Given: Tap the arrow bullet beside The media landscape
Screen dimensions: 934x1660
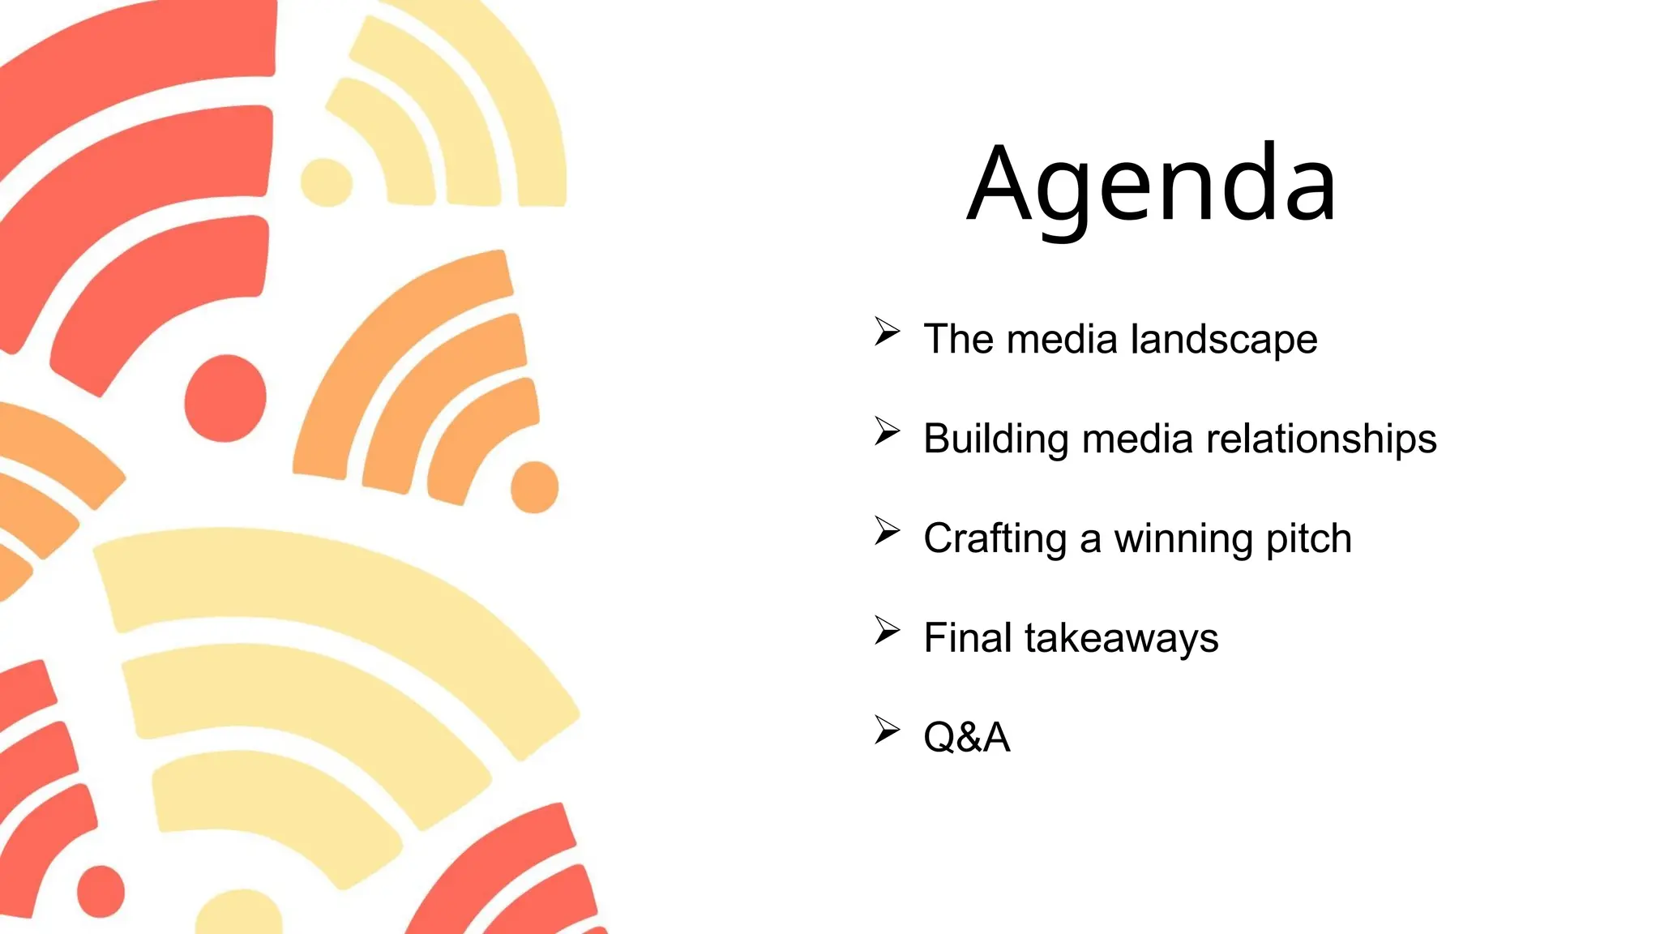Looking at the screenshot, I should coord(887,332).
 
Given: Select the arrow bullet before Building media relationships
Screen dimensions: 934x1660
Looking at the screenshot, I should coord(887,431).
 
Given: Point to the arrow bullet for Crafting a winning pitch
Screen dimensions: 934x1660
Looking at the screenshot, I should coord(887,531).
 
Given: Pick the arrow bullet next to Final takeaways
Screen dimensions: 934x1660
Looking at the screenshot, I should coord(887,631).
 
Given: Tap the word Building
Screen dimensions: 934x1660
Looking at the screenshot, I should coord(996,439).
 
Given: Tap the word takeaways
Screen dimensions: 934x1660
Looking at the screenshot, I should coord(1122,638).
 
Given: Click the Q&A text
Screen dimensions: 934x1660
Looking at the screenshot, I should coord(967,738).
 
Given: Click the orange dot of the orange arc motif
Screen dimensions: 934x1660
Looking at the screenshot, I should coord(534,487).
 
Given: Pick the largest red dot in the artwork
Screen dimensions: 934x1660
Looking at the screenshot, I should coord(225,398).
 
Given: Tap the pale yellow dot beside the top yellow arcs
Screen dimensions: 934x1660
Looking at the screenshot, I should coord(327,182).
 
